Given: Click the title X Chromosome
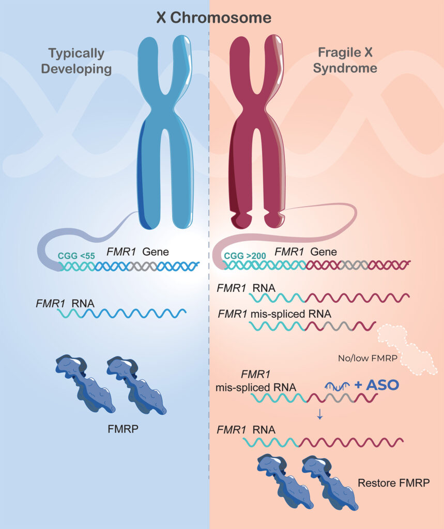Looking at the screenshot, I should pyautogui.click(x=214, y=18).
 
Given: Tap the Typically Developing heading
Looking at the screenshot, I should pyautogui.click(x=76, y=61).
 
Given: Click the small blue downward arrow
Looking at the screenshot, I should pyautogui.click(x=319, y=413).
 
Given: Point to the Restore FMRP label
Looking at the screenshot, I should pyautogui.click(x=393, y=484).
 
